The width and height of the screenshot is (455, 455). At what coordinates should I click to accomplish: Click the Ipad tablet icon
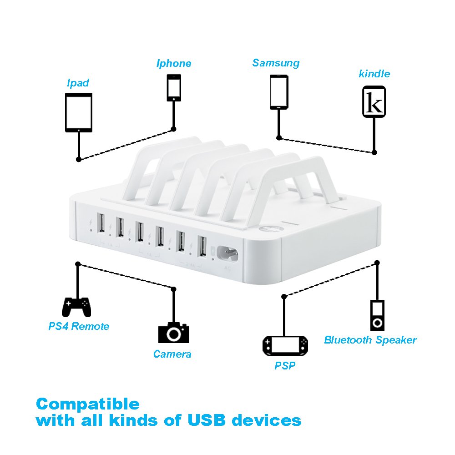click(79, 113)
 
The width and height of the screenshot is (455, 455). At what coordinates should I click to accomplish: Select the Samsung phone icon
click(278, 91)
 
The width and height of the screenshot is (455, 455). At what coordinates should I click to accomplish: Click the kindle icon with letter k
click(374, 101)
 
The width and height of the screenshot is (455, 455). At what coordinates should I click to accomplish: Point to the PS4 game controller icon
click(76, 307)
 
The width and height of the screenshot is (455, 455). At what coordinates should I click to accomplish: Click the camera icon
click(173, 333)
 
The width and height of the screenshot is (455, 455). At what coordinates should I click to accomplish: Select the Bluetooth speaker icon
click(377, 315)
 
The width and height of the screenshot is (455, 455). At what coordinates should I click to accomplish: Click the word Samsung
click(276, 63)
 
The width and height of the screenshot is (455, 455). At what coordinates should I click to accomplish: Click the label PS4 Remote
click(79, 326)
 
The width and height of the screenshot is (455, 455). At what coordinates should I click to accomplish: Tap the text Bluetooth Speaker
click(370, 340)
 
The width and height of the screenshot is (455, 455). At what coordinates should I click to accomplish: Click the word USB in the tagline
click(204, 420)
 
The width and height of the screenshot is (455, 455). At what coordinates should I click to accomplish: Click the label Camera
click(172, 354)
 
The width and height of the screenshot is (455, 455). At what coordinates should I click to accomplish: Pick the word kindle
click(374, 73)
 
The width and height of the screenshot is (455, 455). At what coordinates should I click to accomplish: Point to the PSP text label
click(285, 365)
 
